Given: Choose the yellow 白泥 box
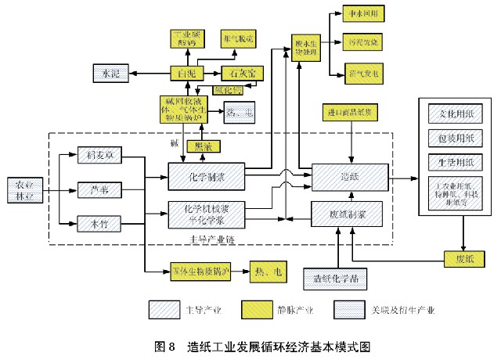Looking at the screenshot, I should pos(182,73).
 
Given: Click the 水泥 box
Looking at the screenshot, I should pos(110,73).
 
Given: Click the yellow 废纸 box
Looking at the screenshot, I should pos(460,257).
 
